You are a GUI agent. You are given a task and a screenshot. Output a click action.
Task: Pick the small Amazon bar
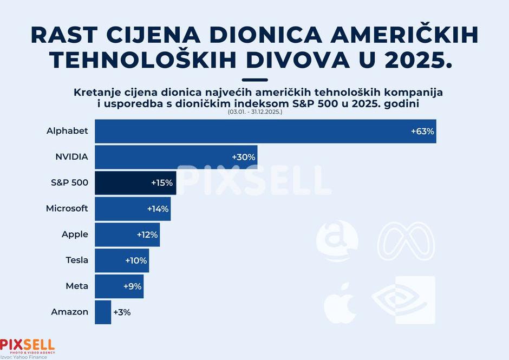[103, 312]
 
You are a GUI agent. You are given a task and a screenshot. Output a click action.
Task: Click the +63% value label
[422, 132]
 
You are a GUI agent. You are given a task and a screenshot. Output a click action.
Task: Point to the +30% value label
[244, 157]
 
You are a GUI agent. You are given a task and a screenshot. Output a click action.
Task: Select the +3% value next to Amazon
[122, 312]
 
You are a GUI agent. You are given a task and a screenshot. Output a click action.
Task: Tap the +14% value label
[158, 208]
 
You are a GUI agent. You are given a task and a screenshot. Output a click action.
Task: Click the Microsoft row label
[67, 208]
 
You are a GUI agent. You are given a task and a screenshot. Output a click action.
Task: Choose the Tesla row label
[77, 260]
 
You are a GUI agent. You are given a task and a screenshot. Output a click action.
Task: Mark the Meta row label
[77, 286]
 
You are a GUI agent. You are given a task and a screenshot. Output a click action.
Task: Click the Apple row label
[75, 234]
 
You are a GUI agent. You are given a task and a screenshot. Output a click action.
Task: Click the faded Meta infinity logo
[406, 241]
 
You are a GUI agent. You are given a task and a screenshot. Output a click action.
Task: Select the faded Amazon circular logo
[337, 241]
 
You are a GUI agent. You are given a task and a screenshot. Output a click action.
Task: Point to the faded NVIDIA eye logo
[404, 300]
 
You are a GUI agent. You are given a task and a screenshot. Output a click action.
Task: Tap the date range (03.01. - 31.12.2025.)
[255, 112]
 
